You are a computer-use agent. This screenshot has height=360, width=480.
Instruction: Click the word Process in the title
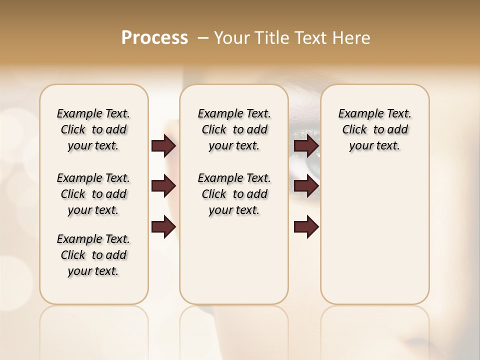pos(154,38)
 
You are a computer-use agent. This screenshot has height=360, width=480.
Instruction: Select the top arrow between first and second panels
pos(163,146)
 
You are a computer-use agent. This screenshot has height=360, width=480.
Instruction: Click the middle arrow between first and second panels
pos(163,186)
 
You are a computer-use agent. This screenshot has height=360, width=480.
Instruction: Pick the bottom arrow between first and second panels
pos(163,226)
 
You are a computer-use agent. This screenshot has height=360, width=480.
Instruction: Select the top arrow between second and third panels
pos(306,146)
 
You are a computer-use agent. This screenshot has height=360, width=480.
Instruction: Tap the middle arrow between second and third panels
pos(306,186)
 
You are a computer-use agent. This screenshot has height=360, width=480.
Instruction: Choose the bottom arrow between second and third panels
pos(306,226)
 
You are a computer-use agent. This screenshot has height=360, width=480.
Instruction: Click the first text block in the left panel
pos(93,129)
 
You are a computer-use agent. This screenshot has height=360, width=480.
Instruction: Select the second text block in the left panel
pos(93,194)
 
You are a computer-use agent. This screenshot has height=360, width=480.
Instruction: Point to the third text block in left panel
pos(93,255)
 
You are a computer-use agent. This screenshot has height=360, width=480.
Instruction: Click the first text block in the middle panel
pos(234,129)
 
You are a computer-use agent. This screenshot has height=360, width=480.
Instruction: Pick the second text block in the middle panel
pos(234,194)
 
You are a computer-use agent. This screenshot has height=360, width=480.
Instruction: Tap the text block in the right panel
pos(374,129)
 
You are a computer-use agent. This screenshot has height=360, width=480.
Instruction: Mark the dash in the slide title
pos(202,38)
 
